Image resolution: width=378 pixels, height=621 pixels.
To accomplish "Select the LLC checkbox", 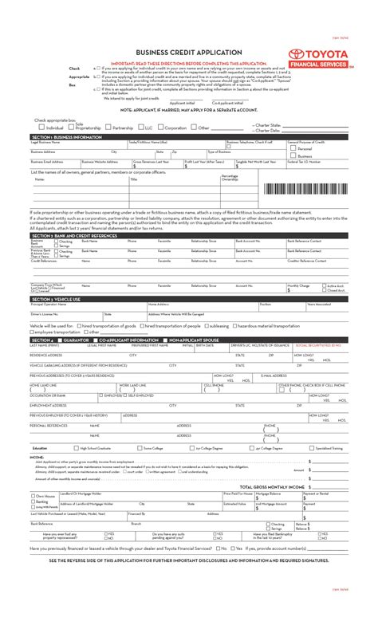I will tap(140, 127).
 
